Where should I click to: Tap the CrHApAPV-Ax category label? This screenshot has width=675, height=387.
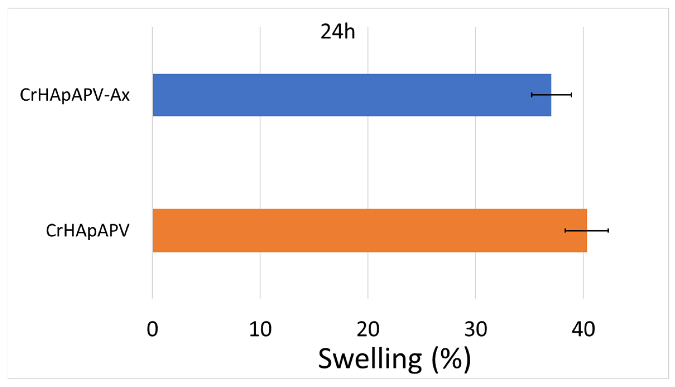pos(75,95)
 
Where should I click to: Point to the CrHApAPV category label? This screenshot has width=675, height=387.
pos(88,231)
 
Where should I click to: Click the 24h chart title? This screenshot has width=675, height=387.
pos(337,32)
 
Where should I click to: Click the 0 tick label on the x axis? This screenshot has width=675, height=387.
pos(152,330)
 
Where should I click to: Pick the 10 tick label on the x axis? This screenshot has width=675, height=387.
pos(260,330)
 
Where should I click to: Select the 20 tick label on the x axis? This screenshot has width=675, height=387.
pos(368,330)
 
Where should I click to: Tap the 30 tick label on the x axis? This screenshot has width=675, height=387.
pos(476,330)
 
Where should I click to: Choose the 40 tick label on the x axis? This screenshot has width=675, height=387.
pos(583,330)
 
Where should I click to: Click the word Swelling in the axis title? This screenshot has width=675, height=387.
pos(370,359)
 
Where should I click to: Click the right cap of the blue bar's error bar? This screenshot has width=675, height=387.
pos(572,95)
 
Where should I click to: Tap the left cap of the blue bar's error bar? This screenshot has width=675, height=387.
pos(532,95)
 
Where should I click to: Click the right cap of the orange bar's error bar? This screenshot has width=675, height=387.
pos(608,230)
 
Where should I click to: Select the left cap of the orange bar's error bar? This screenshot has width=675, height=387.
pos(565,230)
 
